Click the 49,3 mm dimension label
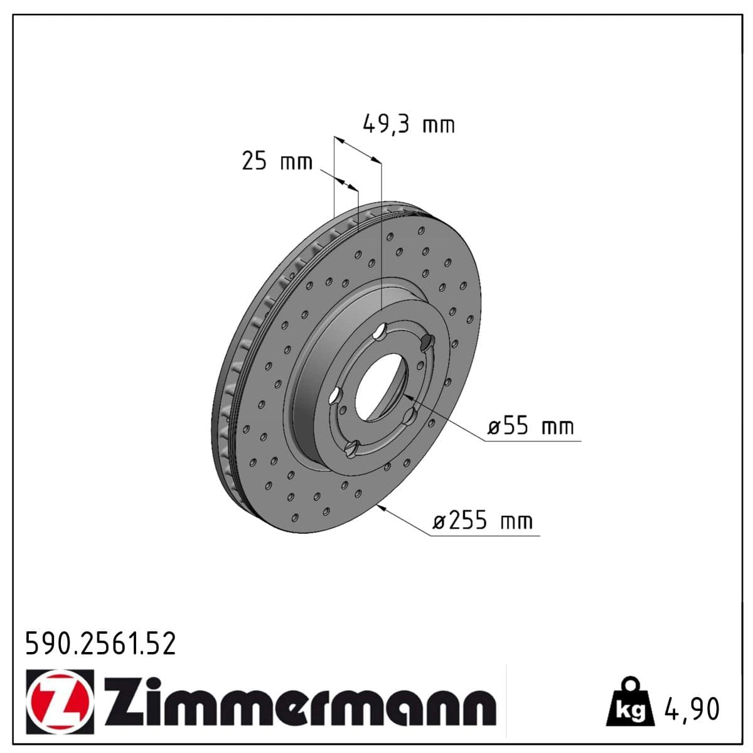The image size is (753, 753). click(x=409, y=124)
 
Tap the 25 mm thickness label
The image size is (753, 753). click(x=277, y=161)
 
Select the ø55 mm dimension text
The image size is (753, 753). click(x=530, y=427)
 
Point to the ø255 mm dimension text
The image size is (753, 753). click(x=483, y=521)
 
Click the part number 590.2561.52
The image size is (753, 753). click(x=100, y=644)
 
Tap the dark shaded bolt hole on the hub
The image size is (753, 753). click(x=428, y=342)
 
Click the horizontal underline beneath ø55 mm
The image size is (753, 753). click(x=533, y=441)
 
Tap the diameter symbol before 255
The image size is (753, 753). click(x=439, y=521)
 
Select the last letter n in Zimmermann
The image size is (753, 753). click(x=484, y=707)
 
